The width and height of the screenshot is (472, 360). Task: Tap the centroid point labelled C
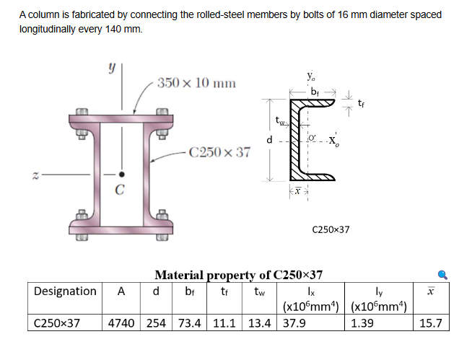(x=121, y=175)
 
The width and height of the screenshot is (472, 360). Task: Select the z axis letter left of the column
(x=27, y=175)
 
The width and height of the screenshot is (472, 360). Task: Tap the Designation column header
(x=65, y=291)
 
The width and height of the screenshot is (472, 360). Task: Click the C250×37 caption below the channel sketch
(x=330, y=229)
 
